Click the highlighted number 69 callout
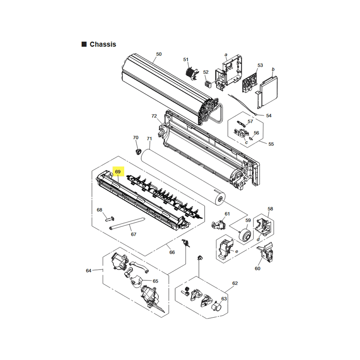click(118, 171)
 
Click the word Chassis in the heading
click(103, 44)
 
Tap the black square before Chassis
click(84, 44)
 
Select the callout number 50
click(159, 54)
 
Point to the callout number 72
click(154, 116)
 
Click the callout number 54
click(269, 116)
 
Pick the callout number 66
click(172, 252)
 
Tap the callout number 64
click(89, 271)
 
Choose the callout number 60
click(257, 268)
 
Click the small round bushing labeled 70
click(138, 152)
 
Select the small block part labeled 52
click(207, 84)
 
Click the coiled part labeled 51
click(192, 73)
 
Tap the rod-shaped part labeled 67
click(127, 223)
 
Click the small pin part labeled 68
click(110, 219)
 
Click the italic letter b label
click(273, 69)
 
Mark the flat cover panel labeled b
click(268, 92)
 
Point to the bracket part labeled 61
click(219, 224)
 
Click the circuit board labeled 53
click(250, 83)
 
